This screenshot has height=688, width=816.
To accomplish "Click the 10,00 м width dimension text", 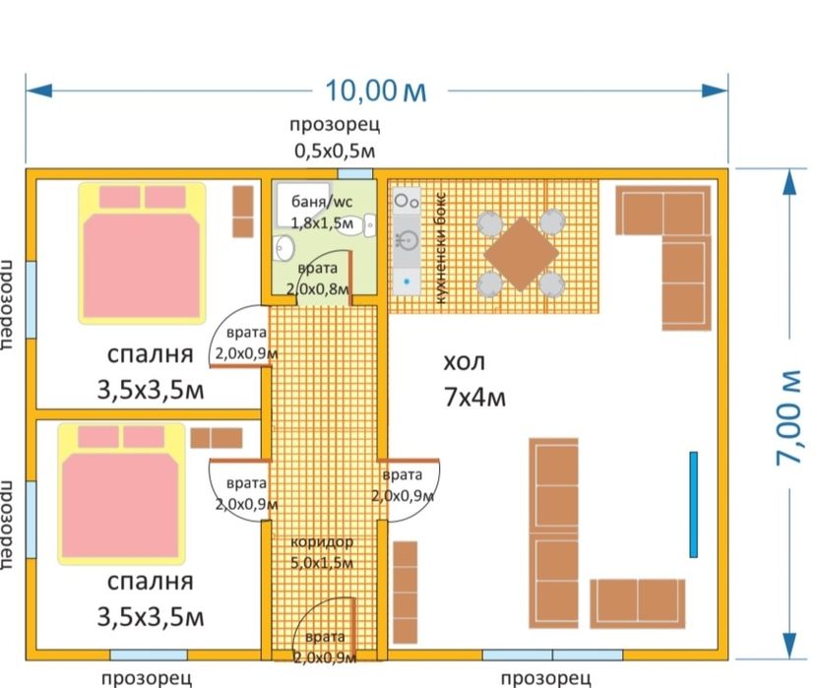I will [376, 91].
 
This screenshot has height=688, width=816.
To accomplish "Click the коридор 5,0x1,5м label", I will [321, 553].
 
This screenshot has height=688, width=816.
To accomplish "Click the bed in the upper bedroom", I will [142, 252].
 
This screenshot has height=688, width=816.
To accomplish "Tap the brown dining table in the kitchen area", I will [522, 251].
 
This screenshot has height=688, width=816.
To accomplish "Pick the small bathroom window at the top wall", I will [353, 174].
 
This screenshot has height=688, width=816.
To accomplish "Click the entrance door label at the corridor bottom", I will [324, 646].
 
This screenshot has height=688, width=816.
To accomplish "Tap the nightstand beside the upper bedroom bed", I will [241, 211].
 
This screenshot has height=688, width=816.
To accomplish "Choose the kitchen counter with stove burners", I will [407, 241].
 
